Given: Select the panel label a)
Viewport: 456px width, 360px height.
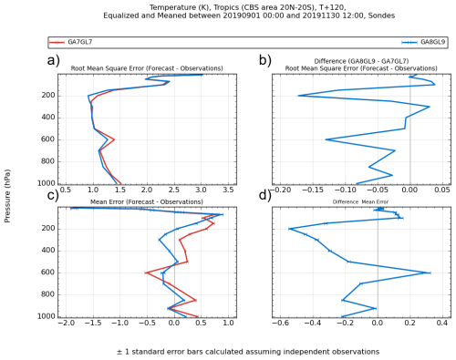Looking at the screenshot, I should click(x=54, y=62).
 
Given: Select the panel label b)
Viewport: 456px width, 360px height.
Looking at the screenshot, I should click(x=265, y=62).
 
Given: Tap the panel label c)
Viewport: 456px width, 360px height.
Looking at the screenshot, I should click(x=54, y=194).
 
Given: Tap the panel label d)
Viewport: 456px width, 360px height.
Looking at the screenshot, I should click(x=265, y=194).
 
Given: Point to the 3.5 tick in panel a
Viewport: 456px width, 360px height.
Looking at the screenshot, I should click(x=228, y=191).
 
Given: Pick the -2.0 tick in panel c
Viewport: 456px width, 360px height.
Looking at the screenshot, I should click(x=65, y=324).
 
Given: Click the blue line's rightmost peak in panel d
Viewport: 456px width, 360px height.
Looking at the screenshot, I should click(x=430, y=273).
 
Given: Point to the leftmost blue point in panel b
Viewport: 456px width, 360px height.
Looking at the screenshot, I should click(x=298, y=96).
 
